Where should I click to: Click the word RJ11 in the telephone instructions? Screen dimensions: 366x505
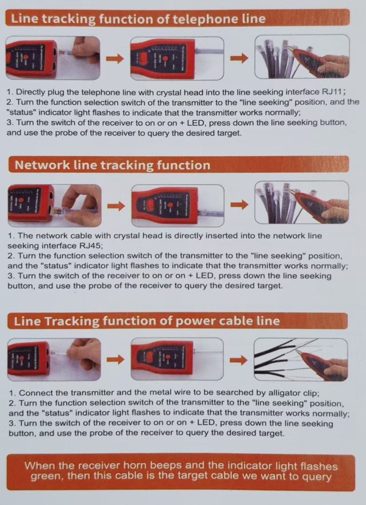coord(332,91)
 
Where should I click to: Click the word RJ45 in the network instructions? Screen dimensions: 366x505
coord(90,246)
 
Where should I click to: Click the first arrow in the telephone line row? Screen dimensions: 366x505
coord(115,59)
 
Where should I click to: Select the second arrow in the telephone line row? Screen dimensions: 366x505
coord(239,59)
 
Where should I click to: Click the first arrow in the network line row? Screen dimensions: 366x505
coord(116,206)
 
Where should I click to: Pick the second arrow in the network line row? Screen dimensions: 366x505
coord(239,205)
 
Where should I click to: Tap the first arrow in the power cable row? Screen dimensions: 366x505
coord(115,359)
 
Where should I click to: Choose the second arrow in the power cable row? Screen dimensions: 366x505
coord(239,360)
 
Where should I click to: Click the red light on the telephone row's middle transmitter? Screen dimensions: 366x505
coord(165,59)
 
